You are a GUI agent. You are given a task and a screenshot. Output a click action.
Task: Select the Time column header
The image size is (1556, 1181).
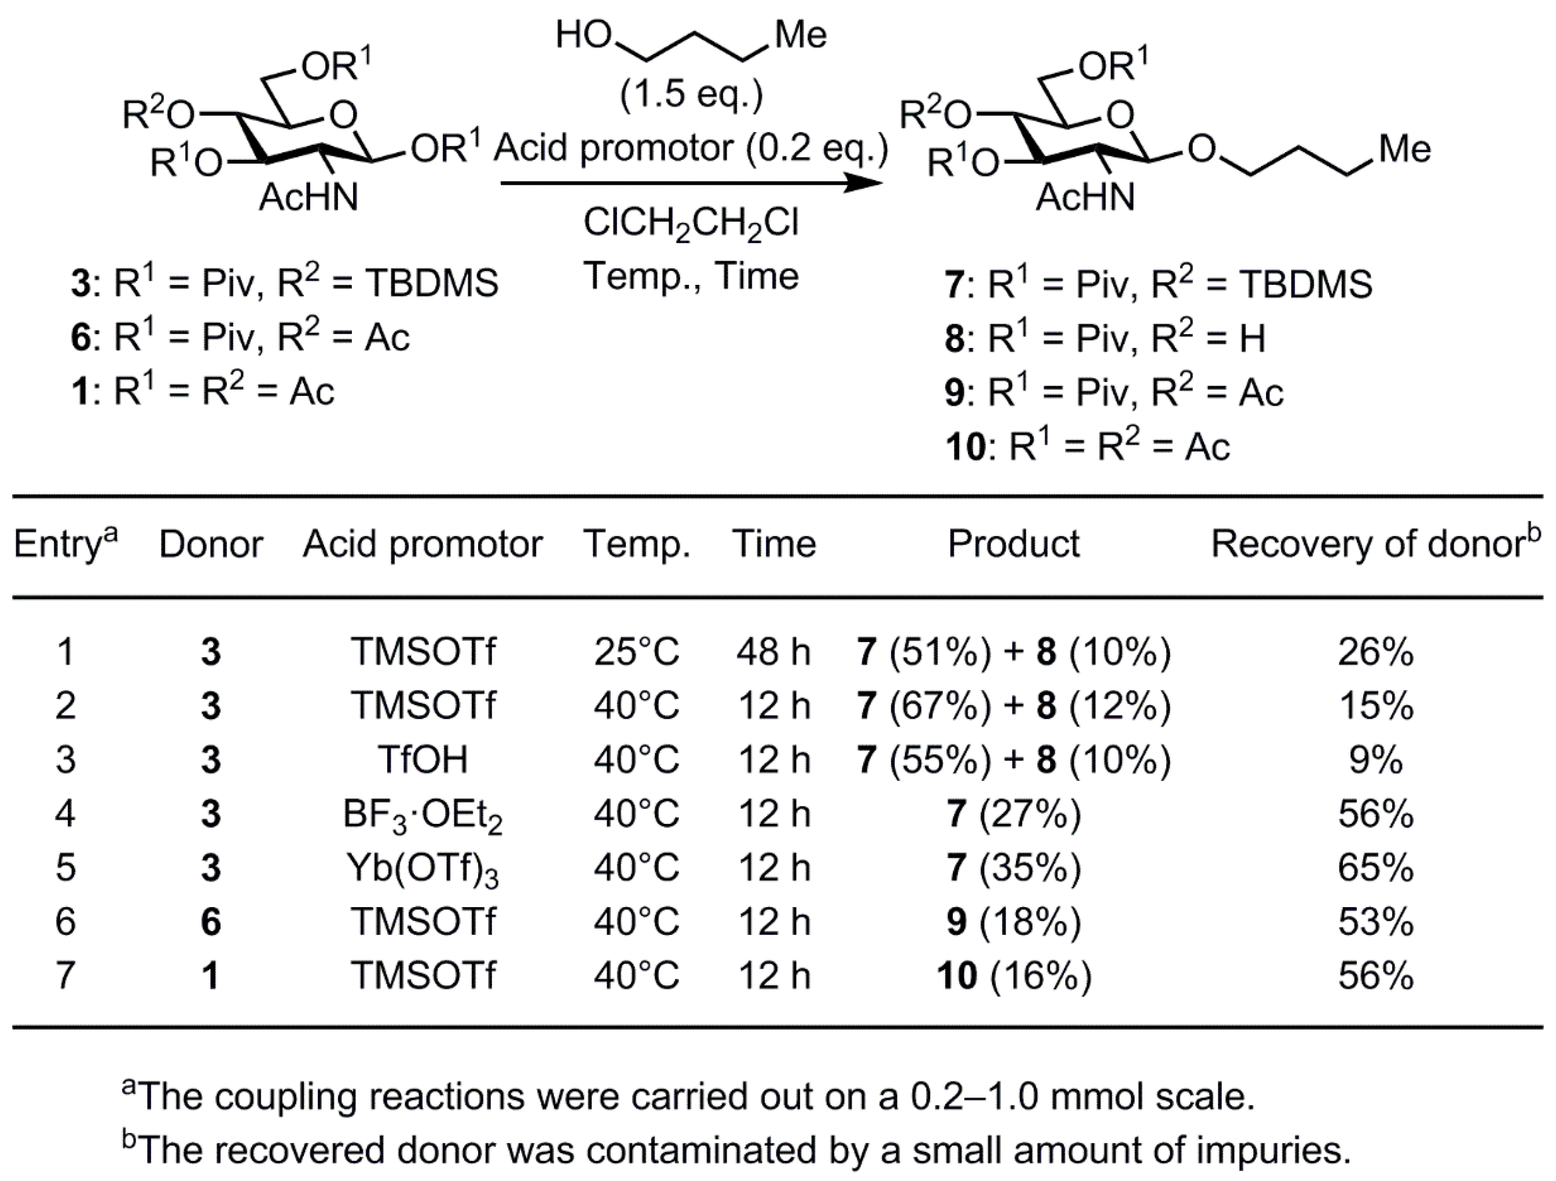coord(774,544)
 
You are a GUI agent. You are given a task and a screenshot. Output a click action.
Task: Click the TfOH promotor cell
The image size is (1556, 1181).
coord(423,760)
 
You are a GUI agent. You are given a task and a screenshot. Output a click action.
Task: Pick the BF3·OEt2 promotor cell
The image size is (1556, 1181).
coord(423,815)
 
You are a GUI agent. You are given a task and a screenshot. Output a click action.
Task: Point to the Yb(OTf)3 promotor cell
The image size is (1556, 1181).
coord(423,869)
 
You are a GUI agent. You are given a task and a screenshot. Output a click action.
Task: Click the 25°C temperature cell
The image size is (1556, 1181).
coord(637,652)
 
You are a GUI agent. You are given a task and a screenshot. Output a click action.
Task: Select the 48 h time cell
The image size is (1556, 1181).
coord(774,652)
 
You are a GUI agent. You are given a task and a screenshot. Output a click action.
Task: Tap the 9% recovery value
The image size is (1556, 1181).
coord(1375,760)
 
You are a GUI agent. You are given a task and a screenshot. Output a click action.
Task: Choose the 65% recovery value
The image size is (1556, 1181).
coord(1375,867)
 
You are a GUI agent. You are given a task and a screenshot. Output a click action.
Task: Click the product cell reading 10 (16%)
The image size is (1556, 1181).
coord(1014,975)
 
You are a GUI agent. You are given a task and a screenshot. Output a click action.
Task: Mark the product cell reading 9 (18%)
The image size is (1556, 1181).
coord(1014,922)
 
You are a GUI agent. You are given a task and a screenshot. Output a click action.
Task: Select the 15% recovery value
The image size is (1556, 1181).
coord(1375,706)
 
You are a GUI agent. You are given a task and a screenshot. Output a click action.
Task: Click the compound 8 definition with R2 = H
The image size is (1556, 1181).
coord(1105,338)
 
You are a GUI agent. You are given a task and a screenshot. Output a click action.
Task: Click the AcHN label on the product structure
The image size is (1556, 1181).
coord(1085,197)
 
